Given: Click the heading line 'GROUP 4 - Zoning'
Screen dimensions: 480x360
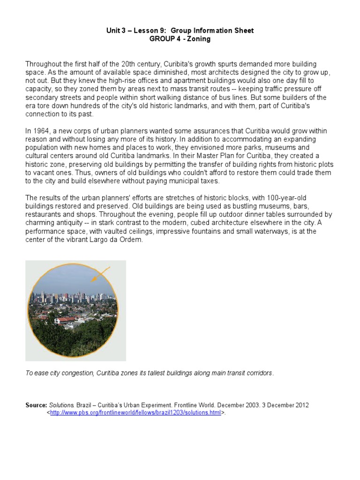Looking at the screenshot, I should click(180, 39).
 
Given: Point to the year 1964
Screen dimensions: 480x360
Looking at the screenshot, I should click(42, 131).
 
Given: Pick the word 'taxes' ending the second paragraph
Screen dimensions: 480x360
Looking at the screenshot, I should click(207, 181).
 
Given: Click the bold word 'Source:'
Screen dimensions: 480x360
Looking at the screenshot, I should click(36, 405).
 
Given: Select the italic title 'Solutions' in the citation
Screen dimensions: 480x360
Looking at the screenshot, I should click(61, 405).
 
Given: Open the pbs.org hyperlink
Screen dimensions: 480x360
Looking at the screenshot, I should click(135, 413).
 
